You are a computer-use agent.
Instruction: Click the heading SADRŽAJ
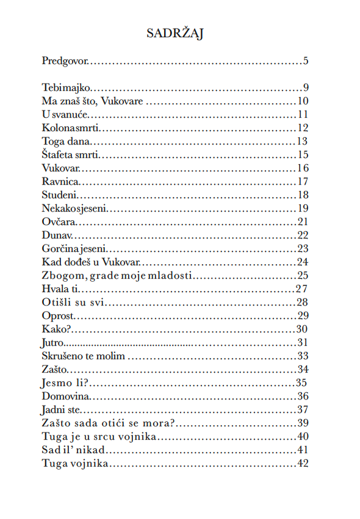pyautogui.click(x=175, y=34)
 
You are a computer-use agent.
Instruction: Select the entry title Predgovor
pyautogui.click(x=65, y=61)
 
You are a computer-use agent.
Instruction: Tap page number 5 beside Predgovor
pyautogui.click(x=306, y=61)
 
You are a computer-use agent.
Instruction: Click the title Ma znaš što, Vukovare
pyautogui.click(x=92, y=101)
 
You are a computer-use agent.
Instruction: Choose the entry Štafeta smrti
pyautogui.click(x=71, y=155)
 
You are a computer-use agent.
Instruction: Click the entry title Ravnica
pyautogui.click(x=61, y=182)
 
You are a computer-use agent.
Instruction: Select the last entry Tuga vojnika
pyautogui.click(x=75, y=464)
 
